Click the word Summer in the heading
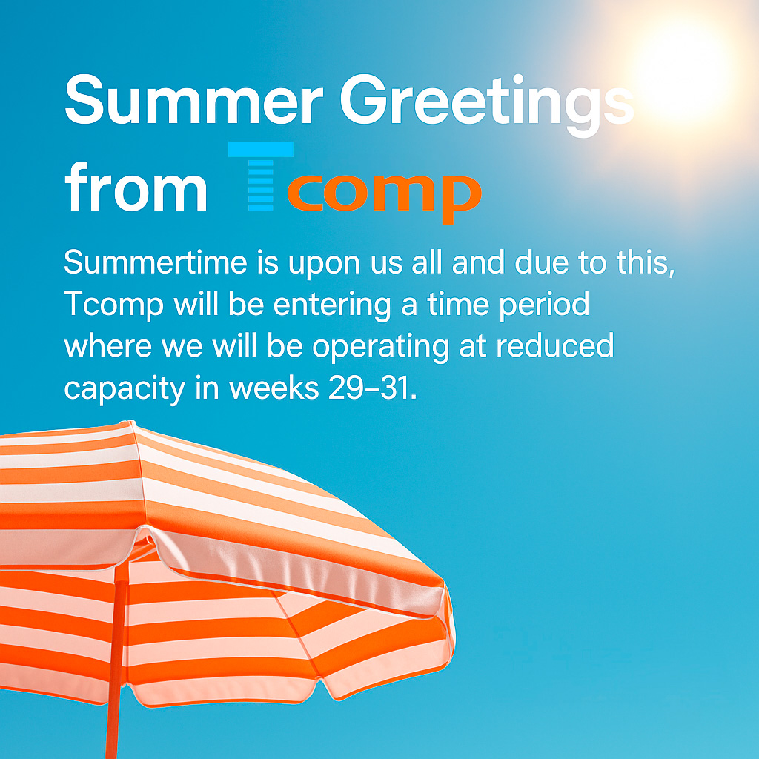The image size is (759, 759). pos(194,100)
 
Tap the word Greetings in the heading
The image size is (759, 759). pos(487,105)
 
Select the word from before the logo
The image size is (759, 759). pos(136,187)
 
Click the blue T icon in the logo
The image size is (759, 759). pos(261,176)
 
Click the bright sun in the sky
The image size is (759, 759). pos(687,67)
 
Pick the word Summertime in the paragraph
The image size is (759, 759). pos(156,262)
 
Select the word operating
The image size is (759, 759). pos(381,348)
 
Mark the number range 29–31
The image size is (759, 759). pos(372,388)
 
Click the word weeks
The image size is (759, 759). pos(274,387)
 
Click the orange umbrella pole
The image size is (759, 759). pos(115,663)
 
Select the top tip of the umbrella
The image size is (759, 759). pos(130,422)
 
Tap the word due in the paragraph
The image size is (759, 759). pos(541,262)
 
